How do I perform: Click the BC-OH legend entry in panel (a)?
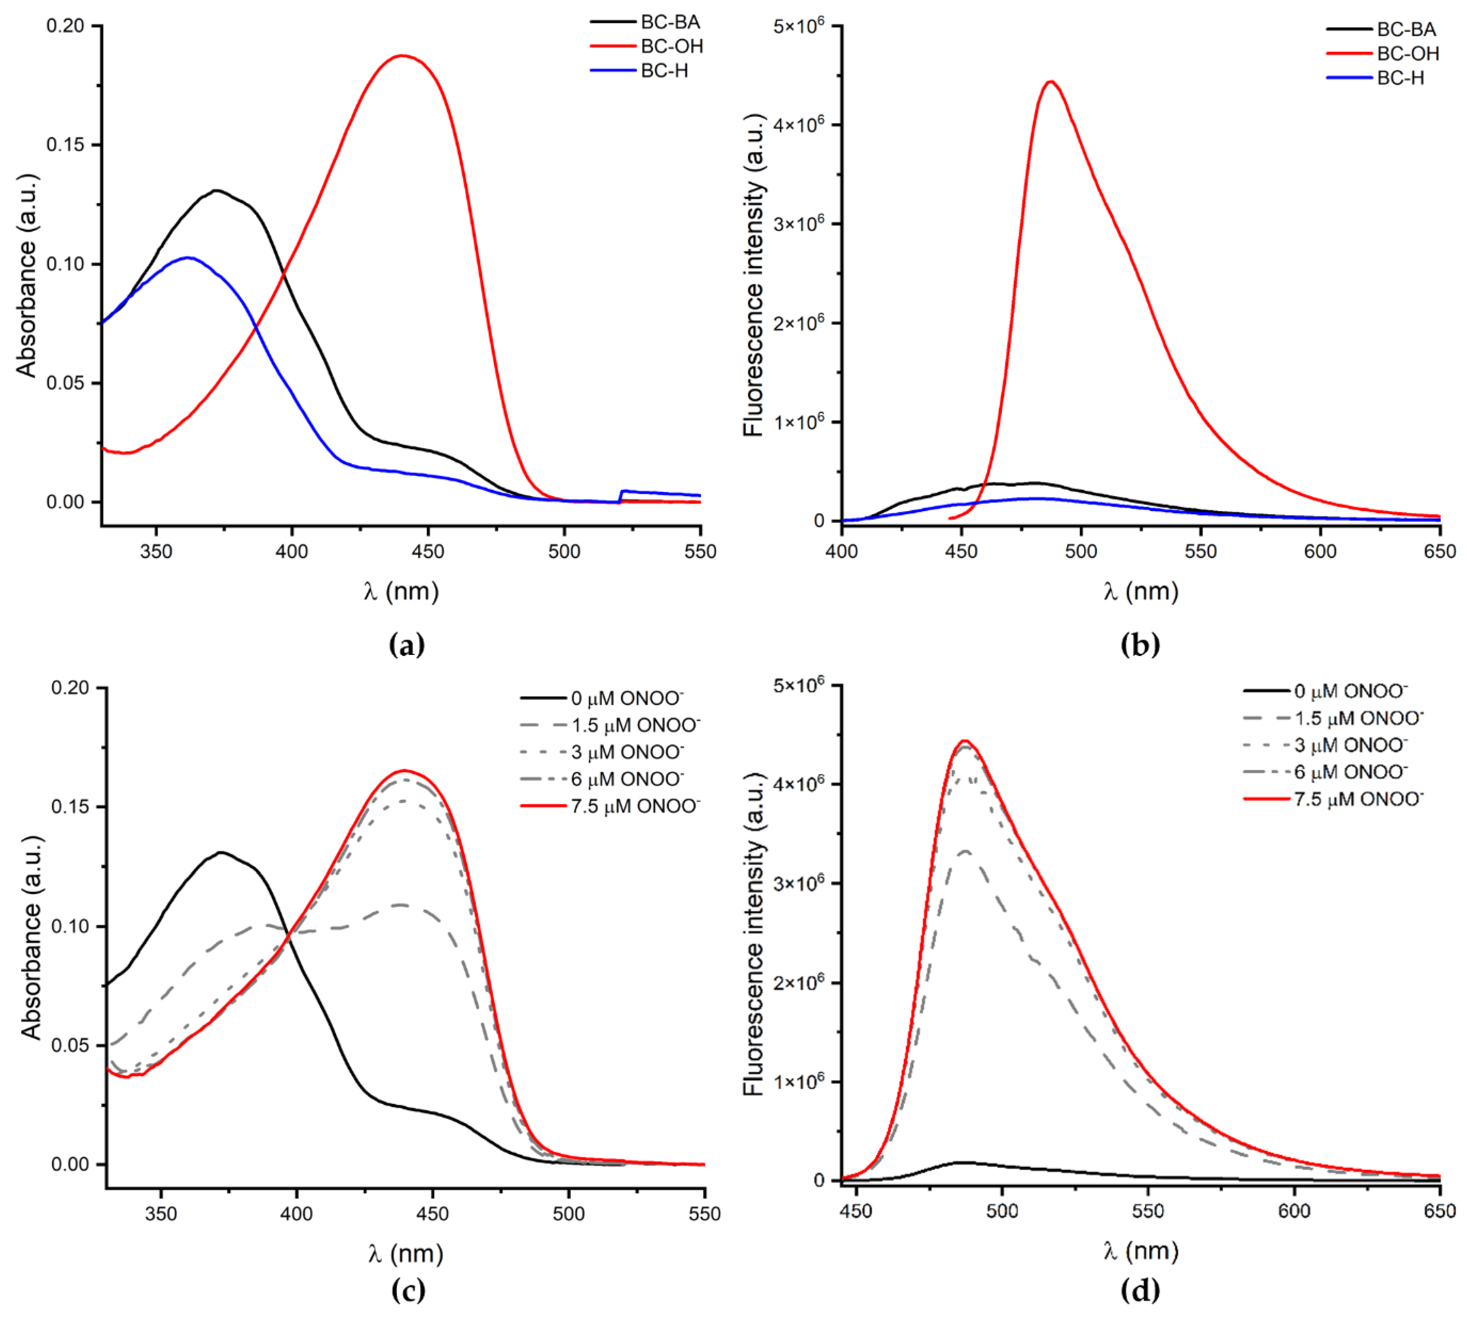click(x=671, y=46)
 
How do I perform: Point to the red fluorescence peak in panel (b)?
click(x=1051, y=82)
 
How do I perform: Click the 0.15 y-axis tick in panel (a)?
click(x=65, y=145)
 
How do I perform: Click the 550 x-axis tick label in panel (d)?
click(x=1148, y=1211)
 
